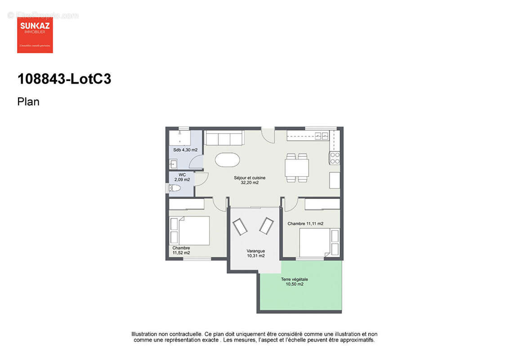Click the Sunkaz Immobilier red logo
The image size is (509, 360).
pyautogui.click(x=35, y=35)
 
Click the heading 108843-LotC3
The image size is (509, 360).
pyautogui.click(x=64, y=79)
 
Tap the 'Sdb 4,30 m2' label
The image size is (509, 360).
pyautogui.click(x=185, y=150)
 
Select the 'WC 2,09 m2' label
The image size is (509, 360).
pyautogui.click(x=182, y=177)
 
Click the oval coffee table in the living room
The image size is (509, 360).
pyautogui.click(x=228, y=160)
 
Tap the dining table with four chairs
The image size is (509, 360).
pyautogui.click(x=297, y=168)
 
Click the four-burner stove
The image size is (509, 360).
pyautogui.click(x=335, y=157)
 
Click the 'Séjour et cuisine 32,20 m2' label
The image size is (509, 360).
pyautogui.click(x=246, y=180)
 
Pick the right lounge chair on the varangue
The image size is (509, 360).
pyautogui.click(x=266, y=225)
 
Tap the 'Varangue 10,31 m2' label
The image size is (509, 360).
pyautogui.click(x=255, y=253)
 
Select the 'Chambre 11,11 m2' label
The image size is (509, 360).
pyautogui.click(x=305, y=224)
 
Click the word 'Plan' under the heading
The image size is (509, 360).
pyautogui.click(x=28, y=102)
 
